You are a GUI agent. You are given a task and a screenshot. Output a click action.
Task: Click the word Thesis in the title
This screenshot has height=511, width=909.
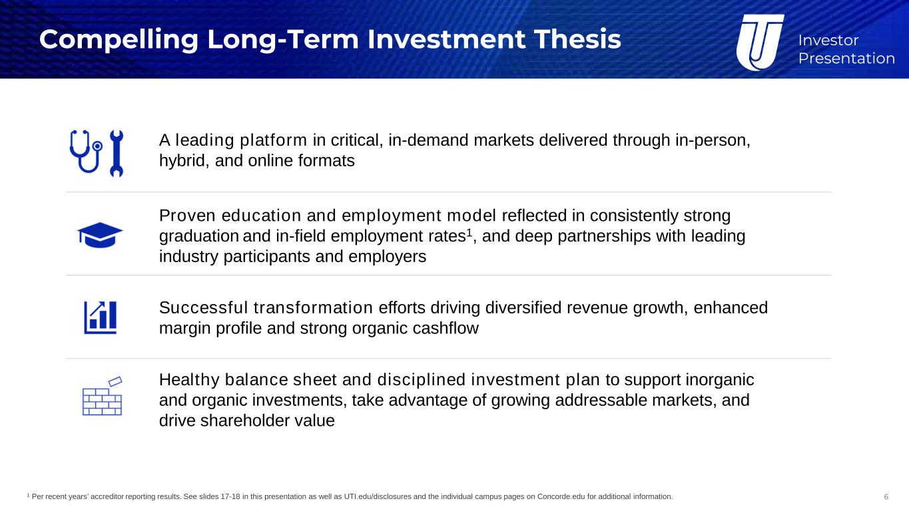pos(577,39)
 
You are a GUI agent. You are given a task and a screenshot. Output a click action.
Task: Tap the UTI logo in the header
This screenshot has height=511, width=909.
pos(760,43)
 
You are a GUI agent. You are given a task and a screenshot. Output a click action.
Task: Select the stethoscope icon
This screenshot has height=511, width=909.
pos(86,151)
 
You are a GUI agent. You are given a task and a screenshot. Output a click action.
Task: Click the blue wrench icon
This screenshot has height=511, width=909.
pos(117,153)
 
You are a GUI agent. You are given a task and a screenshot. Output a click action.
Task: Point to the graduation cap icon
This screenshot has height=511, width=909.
pos(100,235)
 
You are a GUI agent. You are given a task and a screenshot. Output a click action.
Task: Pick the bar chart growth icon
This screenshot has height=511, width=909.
pos(101,317)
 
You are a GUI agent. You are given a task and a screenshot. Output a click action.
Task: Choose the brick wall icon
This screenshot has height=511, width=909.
pos(103,397)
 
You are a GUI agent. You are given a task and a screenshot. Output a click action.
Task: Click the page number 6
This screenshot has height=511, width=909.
pos(886,497)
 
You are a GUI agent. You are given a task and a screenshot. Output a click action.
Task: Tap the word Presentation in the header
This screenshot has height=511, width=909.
pos(846,59)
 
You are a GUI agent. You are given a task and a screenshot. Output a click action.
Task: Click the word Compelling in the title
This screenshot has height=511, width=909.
pos(119,40)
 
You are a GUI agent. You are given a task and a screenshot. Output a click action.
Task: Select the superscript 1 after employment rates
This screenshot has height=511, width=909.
pos(469,232)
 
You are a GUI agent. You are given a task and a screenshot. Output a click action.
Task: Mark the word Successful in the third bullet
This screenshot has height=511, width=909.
pos(203,307)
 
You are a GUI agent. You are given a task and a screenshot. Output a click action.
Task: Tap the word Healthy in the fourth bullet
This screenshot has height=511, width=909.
pos(189,381)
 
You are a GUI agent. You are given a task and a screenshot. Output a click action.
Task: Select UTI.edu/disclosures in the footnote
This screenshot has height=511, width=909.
pos(378,496)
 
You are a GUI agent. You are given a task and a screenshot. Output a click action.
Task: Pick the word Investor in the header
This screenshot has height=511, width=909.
pos(828,40)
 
